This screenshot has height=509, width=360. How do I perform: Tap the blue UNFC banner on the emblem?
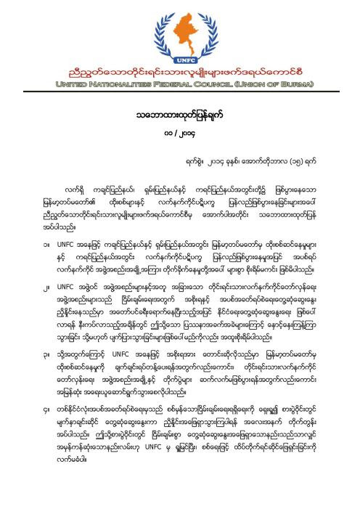[181, 55]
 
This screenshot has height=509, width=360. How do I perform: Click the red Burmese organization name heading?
[180, 73]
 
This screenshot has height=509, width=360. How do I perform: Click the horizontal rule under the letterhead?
[180, 94]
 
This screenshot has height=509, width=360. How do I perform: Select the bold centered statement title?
[180, 114]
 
